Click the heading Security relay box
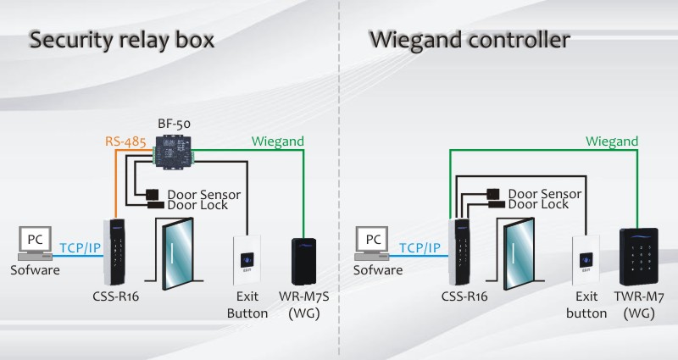pos(121,40)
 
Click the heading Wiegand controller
pos(469,40)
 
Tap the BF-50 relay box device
pos(173,152)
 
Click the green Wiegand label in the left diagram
pos(276,142)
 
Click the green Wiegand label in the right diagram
pos(613,142)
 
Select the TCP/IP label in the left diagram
pos(81,248)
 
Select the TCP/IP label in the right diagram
pos(420,248)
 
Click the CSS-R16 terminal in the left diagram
pos(116,252)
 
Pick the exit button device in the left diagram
pos(247,260)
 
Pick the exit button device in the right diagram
pos(586,260)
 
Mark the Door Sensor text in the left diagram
pos(204,194)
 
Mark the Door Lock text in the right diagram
pos(538,205)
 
